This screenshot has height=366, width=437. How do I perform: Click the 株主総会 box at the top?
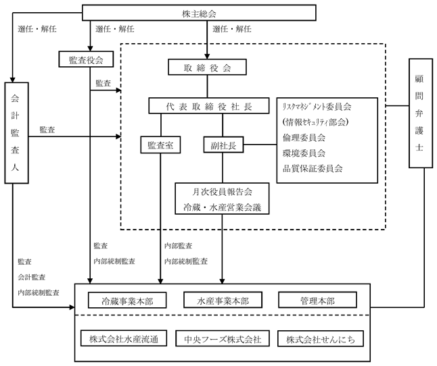(199, 13)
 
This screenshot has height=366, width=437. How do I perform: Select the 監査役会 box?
(86, 59)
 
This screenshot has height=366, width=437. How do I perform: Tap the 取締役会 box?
(207, 67)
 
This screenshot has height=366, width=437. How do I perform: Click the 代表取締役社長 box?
(209, 106)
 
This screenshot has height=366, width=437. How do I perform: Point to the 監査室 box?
(160, 145)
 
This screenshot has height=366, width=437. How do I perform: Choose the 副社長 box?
(223, 145)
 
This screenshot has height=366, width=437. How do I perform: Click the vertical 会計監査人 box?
(16, 133)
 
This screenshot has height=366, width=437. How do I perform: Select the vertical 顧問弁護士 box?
(421, 113)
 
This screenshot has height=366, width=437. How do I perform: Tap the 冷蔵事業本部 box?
(127, 300)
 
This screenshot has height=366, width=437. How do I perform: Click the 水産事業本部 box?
(223, 300)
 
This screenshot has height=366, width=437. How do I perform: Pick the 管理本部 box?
(317, 300)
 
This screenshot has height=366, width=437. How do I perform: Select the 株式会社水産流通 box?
(124, 338)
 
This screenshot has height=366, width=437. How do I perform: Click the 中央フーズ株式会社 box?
(223, 338)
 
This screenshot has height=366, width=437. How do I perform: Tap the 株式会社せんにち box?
(321, 338)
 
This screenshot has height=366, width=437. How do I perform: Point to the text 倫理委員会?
(304, 137)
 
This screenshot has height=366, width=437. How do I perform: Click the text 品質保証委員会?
(313, 168)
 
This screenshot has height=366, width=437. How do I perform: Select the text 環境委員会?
(304, 153)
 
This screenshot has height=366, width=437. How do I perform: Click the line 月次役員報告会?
(222, 192)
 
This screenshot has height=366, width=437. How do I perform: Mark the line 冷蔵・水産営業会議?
(222, 207)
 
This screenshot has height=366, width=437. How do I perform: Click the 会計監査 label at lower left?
(32, 277)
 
